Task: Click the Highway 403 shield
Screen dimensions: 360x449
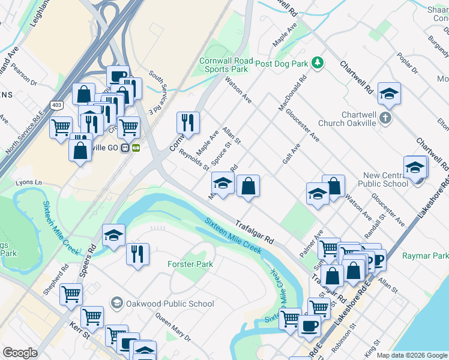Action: [56, 105]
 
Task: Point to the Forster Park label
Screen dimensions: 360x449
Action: [190, 264]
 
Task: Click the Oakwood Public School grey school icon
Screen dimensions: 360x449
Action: [116, 303]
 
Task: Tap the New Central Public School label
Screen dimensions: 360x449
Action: [385, 179]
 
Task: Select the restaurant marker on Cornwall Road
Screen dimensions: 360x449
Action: [188, 122]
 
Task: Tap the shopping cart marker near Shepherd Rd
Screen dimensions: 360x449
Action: [71, 294]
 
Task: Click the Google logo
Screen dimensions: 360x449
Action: [20, 353]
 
